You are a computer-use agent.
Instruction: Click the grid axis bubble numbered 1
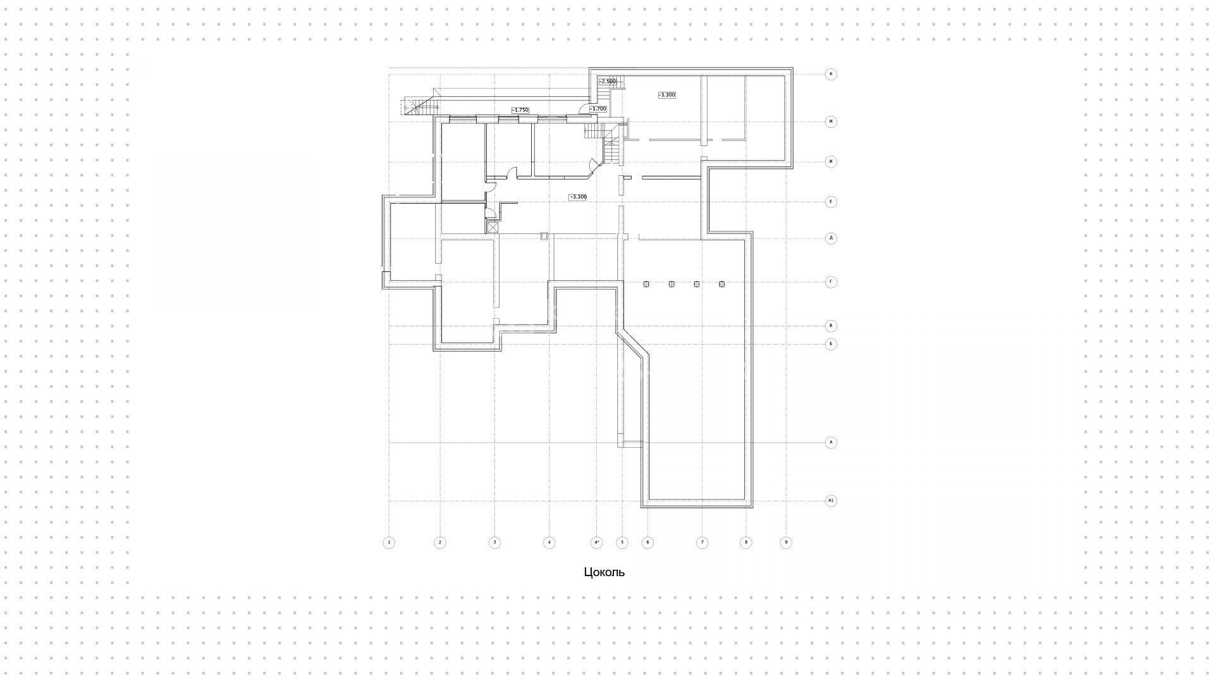coord(389,542)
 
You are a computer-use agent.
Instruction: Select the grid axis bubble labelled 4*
coord(596,542)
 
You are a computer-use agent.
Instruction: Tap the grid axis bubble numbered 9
coord(786,542)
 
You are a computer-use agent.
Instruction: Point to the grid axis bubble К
coord(831,74)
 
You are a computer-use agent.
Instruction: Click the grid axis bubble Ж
coord(831,161)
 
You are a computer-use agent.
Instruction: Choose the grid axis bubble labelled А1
coord(831,501)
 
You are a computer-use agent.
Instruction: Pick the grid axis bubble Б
coord(831,344)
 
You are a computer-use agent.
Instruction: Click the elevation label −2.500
coord(607,82)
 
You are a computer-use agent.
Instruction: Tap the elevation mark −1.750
coord(520,110)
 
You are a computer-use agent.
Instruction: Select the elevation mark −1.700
coord(598,109)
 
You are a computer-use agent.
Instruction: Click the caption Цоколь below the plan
coord(604,572)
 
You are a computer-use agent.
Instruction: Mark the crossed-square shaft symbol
coord(493,227)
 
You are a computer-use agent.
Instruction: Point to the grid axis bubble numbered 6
coord(647,542)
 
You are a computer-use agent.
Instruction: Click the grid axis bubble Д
coord(831,238)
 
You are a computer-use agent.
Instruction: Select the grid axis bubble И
coord(831,121)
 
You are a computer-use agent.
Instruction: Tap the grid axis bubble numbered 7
coord(702,542)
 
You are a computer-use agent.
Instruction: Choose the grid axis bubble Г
coord(831,281)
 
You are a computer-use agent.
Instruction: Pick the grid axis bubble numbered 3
coord(494,542)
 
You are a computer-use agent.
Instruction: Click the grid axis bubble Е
coord(831,202)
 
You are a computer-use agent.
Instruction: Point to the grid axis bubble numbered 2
coord(440,542)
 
